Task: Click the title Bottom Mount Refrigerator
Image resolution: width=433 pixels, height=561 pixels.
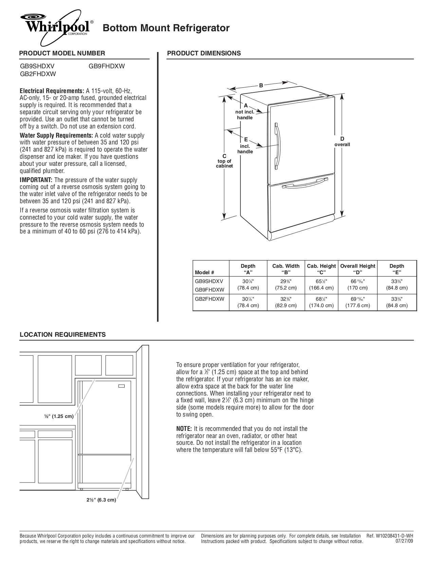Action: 166,28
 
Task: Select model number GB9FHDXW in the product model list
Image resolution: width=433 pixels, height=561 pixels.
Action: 107,66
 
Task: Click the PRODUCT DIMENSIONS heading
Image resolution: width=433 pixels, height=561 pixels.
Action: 204,53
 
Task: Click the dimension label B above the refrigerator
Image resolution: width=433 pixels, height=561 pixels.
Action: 261,86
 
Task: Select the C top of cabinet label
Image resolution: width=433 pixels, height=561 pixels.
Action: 224,161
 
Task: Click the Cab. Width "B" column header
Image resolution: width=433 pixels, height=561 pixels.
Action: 286,269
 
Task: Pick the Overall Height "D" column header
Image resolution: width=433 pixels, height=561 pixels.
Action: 358,269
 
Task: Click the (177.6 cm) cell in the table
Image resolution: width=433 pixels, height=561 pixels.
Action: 358,305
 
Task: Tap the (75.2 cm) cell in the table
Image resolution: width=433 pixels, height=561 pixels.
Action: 286,288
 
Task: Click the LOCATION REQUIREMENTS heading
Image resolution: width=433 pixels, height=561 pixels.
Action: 62,334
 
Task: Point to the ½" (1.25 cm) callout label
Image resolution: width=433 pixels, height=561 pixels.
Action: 58,416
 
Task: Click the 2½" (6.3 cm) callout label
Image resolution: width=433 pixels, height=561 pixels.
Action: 101,500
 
